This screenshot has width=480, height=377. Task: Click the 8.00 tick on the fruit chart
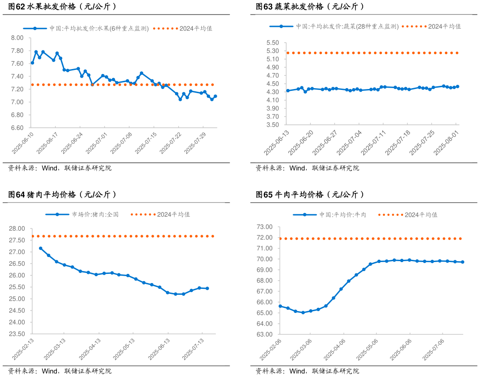tap(17, 38)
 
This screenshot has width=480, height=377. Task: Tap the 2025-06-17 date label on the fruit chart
tap(48, 143)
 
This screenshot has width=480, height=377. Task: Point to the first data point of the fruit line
tap(32, 63)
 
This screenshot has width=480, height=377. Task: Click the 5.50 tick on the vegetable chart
tap(273, 43)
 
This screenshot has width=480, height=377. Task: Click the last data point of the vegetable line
tap(457, 86)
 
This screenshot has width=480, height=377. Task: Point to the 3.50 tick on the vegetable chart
tap(273, 124)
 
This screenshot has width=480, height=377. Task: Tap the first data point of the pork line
tap(40, 248)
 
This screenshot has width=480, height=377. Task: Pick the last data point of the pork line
tap(207, 288)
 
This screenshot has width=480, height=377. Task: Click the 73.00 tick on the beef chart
tap(265, 227)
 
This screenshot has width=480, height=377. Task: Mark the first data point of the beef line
tap(280, 306)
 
